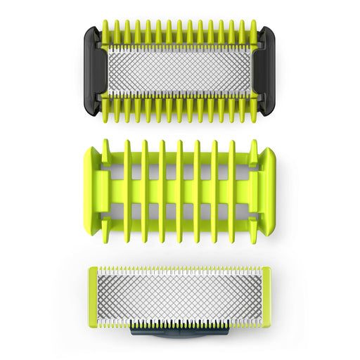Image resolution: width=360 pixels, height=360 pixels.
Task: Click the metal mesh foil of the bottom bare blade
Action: [180, 297]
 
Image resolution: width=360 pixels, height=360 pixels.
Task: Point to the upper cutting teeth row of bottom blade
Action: [180, 270]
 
